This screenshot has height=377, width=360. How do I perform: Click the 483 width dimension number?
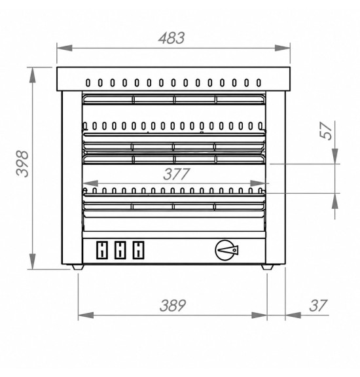[171, 38]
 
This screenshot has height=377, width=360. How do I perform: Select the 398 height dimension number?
[22, 164]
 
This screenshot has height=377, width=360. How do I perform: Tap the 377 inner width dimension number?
[177, 174]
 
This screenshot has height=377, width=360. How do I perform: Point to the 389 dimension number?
[172, 306]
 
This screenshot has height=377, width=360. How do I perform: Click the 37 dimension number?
[318, 306]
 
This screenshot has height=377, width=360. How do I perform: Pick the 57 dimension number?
[326, 131]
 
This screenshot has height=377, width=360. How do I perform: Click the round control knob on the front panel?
[226, 250]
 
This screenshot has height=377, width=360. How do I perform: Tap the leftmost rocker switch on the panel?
[102, 250]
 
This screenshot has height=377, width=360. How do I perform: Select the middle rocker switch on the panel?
[120, 250]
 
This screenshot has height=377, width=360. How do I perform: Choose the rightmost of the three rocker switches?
[138, 250]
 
